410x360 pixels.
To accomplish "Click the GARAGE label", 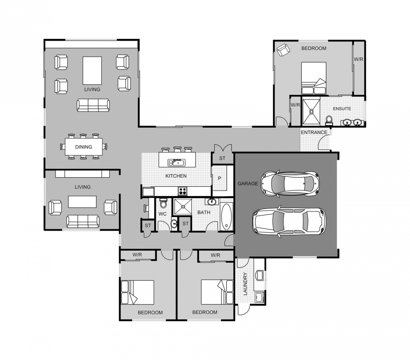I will [248, 184].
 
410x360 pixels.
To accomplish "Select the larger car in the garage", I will [289, 221].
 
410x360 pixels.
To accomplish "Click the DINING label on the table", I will [84, 147].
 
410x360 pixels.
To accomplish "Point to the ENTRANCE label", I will [314, 132].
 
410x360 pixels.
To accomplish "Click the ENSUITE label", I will [342, 109].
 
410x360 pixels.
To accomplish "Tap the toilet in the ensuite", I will [329, 119].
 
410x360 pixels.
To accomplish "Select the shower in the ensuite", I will [311, 111].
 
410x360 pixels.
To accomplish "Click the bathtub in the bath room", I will [226, 217].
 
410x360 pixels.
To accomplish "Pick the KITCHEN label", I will [176, 176].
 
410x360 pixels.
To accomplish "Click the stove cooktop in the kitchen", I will [182, 191].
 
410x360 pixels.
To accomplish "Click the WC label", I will [162, 214].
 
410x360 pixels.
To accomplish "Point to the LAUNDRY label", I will [245, 284].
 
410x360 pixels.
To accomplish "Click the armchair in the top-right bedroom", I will [283, 50].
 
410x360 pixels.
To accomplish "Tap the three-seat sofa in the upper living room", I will [93, 105].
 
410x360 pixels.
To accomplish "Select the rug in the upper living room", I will [92, 70].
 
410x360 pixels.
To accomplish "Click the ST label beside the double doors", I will [223, 158].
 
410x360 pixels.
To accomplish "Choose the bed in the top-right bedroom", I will [314, 78].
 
